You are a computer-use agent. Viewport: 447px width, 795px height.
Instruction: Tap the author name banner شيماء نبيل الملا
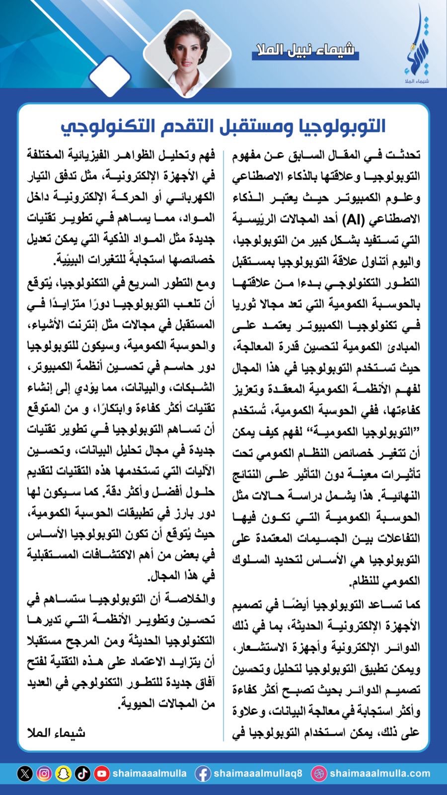305,50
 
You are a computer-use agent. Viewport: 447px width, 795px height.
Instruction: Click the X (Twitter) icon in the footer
25,773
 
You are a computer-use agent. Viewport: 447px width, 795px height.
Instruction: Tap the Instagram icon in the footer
44,773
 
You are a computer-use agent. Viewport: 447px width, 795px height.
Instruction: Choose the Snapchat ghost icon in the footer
63,773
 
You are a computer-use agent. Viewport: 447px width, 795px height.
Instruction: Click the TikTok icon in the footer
82,773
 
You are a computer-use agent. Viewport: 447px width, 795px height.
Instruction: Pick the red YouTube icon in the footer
102,773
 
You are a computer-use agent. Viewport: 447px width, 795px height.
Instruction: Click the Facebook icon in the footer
202,773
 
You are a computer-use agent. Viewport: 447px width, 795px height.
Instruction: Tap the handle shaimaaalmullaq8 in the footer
257,773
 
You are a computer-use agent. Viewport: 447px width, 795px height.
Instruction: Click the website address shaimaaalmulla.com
379,773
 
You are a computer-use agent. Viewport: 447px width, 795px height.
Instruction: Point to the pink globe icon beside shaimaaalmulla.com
318,773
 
